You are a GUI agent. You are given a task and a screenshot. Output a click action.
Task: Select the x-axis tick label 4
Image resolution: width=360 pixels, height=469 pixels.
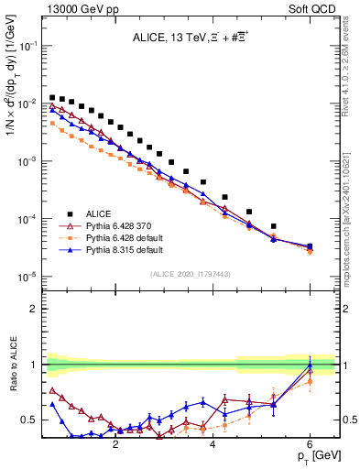click(x=213, y=446)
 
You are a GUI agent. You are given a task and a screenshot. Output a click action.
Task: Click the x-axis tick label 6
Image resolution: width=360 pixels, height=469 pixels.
click(x=311, y=446)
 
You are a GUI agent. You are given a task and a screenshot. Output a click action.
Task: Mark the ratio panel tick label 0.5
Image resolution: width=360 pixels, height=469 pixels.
click(x=29, y=420)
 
